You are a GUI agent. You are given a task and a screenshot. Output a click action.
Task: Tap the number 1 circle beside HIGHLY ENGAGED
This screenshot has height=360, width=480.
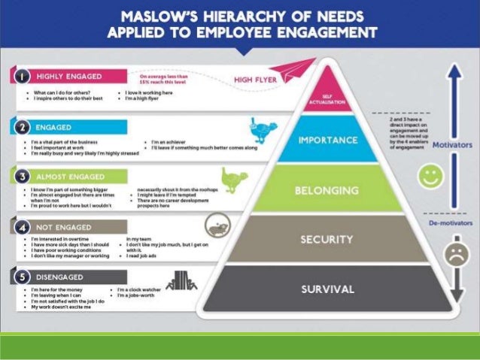tap(23, 76)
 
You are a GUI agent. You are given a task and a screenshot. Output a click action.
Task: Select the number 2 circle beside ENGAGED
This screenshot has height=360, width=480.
tap(23, 128)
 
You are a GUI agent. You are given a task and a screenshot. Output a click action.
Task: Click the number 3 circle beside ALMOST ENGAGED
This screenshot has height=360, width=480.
tap(23, 177)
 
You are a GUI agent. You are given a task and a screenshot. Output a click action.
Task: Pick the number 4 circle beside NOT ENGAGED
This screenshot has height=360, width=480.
tap(23, 227)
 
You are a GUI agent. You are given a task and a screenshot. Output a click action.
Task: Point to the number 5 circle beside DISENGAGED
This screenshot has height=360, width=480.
tap(23, 277)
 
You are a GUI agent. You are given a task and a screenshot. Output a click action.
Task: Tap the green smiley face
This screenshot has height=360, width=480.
tap(430, 179)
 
